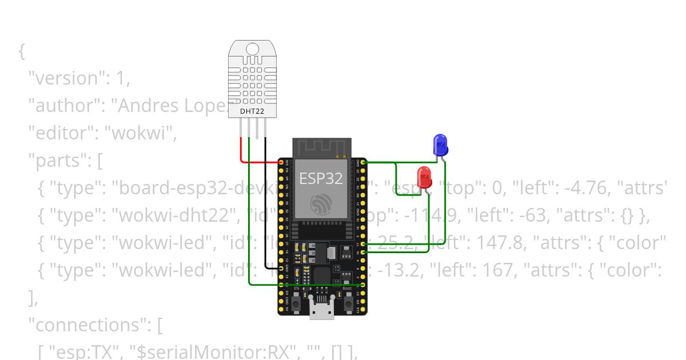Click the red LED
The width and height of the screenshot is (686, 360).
424,177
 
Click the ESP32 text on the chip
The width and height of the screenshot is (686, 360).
321,178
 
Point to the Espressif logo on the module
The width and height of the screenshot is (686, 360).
321,204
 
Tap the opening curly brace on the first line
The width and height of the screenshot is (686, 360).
22,51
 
